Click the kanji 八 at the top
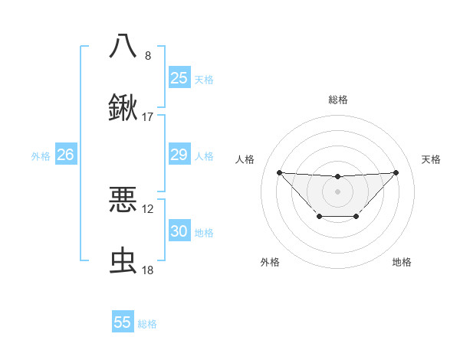[123, 45]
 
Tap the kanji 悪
[123, 199]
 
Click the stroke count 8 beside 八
[148, 55]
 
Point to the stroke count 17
[148, 117]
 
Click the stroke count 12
[148, 208]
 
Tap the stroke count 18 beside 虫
[148, 271]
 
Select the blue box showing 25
[179, 77]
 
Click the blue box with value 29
[179, 155]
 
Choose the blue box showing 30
[179, 231]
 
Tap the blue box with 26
[65, 155]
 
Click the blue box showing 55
[123, 322]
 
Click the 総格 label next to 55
[147, 324]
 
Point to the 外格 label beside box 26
[41, 156]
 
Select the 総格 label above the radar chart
[337, 100]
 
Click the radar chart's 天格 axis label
[432, 159]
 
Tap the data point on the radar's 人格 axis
[279, 172]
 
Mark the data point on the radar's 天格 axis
[396, 172]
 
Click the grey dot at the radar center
[337, 191]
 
